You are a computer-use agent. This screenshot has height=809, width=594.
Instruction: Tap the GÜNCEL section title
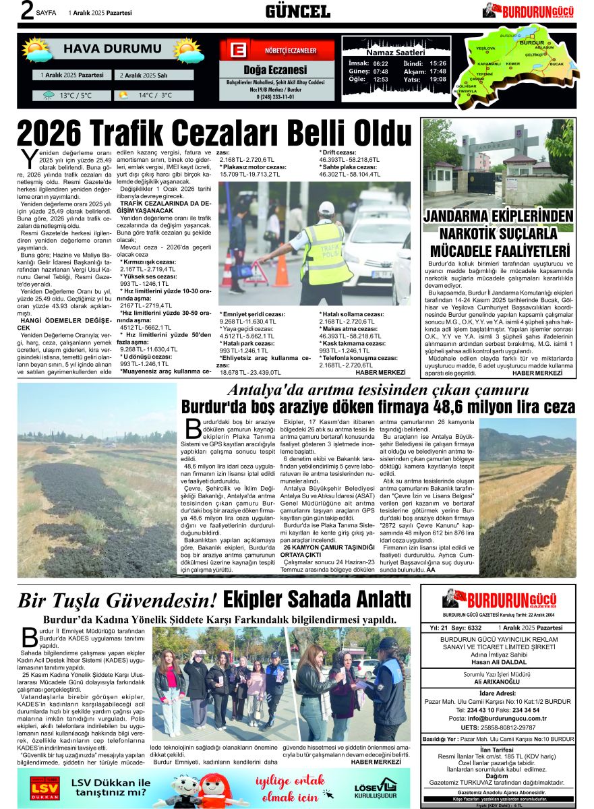coord(297,11)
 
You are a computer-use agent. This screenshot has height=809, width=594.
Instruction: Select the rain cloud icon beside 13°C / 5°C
coord(49,95)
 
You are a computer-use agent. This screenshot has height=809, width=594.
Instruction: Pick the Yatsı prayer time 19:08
coord(438,79)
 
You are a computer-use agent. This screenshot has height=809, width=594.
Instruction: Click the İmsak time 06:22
coord(380,63)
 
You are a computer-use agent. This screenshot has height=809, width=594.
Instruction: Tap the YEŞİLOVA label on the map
coord(485,49)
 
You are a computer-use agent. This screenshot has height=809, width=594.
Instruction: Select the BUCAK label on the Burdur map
coord(557,63)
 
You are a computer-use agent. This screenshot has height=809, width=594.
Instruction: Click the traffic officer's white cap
coord(326,208)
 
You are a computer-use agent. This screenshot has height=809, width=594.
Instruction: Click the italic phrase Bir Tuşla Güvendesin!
coord(117,599)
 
